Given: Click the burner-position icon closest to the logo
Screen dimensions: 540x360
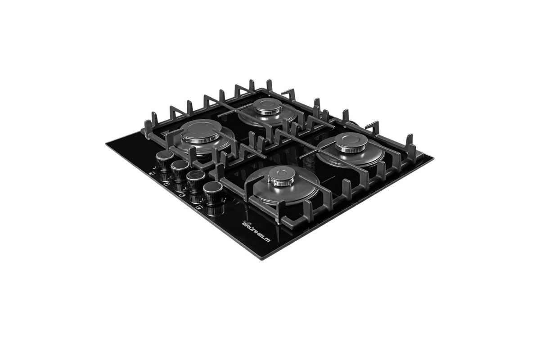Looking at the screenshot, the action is [199, 207].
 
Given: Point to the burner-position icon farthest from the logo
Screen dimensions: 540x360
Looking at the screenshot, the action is [151, 173].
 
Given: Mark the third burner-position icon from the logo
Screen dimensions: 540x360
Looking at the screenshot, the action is [166, 184].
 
